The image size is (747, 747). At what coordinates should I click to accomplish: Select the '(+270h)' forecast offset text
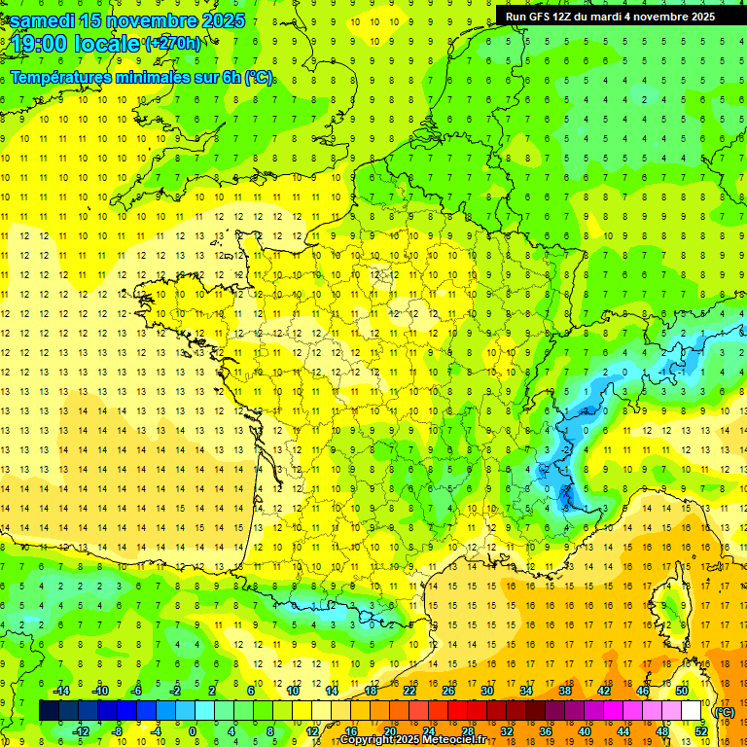coord(173,43)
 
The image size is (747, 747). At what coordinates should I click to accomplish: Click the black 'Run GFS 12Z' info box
coord(610,16)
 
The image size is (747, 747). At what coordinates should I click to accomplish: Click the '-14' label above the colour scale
coord(60,691)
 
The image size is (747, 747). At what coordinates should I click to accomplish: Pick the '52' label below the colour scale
coord(701,730)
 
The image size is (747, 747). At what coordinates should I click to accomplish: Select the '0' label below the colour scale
coord(193,730)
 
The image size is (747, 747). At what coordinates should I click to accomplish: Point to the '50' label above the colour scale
coord(682,691)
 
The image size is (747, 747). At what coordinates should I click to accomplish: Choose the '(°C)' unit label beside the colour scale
coord(725,711)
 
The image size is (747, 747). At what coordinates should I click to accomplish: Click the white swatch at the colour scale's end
coord(692,711)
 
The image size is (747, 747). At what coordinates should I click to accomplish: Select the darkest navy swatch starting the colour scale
coord(49,711)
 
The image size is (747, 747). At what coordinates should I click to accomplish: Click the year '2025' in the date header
coord(220,19)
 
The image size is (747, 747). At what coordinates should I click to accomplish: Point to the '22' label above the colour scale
coord(409,691)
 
